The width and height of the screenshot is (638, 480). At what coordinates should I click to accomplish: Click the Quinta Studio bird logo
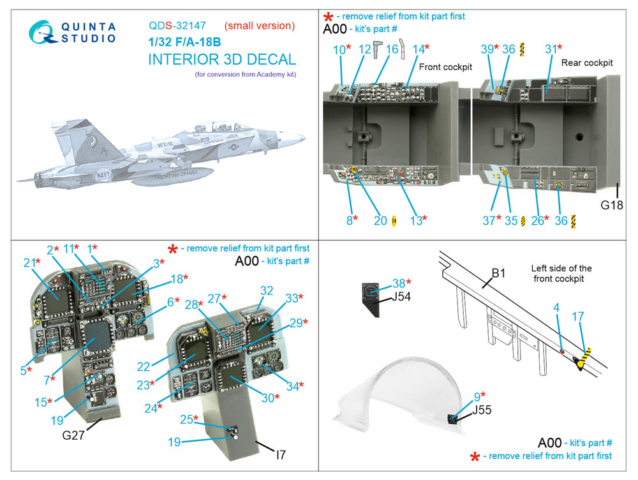coord(43,32)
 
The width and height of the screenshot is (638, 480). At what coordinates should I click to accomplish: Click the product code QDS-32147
coord(177,26)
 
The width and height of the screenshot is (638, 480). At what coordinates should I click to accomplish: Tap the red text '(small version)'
coord(260,26)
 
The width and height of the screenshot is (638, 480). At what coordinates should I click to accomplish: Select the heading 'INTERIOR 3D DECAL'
coord(222,59)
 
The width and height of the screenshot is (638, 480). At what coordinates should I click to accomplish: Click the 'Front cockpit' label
coord(445,67)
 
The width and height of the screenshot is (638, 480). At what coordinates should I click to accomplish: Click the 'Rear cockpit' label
coord(587,63)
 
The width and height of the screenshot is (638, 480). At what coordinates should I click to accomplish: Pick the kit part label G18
coord(612,205)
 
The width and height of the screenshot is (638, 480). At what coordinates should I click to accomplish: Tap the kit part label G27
coord(73,435)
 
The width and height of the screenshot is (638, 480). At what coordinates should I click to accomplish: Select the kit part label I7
coord(281,454)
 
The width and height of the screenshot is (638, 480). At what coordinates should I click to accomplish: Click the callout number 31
coord(551,49)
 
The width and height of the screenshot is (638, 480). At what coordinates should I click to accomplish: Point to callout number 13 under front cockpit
coord(416,221)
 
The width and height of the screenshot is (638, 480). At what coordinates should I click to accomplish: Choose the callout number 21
coord(29,263)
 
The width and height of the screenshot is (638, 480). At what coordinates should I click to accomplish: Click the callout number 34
coord(293,386)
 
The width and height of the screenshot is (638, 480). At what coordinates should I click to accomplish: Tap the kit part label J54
coord(401,297)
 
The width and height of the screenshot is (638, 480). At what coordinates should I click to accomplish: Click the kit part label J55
coord(482,410)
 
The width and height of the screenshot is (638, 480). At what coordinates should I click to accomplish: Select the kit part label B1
coord(498,273)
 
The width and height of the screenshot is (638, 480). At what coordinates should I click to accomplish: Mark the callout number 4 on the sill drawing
coord(556,308)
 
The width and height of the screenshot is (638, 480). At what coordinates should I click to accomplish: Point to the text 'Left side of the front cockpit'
coord(561,274)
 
